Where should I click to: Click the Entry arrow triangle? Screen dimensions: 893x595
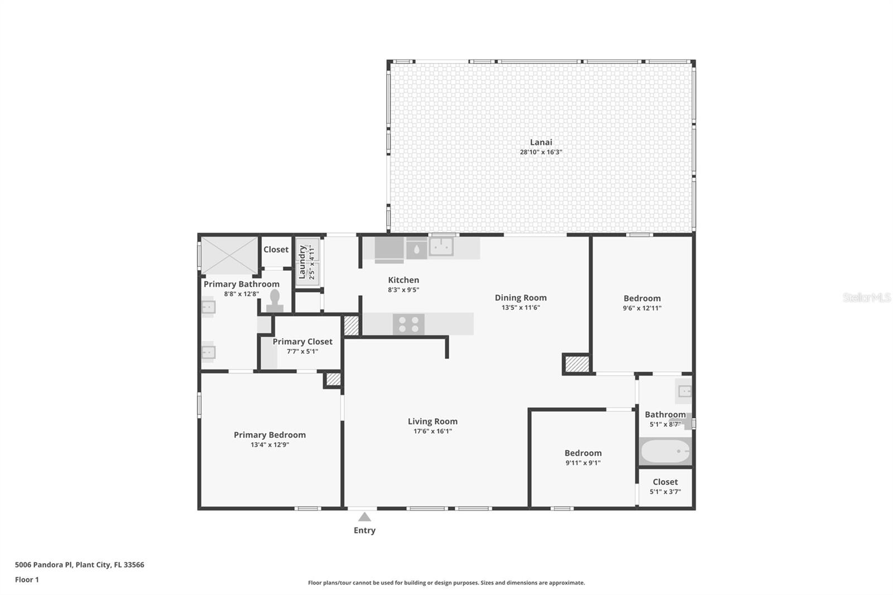coord(364,517)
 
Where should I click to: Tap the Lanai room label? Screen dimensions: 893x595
coord(541,142)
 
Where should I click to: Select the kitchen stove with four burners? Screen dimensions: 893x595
coord(409,324)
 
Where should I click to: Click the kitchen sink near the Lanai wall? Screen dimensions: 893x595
coord(441,246)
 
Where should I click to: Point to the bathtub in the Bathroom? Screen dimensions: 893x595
coord(665,451)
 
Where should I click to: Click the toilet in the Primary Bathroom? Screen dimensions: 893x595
coord(275,301)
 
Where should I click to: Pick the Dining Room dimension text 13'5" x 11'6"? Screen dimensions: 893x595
coord(521,308)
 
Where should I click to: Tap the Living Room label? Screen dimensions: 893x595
coord(433,421)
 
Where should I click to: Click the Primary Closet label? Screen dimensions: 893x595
coord(302,342)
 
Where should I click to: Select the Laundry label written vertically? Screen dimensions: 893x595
coord(302,262)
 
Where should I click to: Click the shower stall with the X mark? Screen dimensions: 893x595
coord(229,255)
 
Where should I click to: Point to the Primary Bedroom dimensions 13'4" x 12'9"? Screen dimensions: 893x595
coord(270,445)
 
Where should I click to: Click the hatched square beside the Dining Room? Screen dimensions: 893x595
coord(577,364)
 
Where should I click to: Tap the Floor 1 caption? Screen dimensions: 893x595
coord(27,580)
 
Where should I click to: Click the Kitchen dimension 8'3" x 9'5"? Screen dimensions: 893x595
coord(404,290)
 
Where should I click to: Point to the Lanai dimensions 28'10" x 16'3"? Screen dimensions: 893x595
coord(541,152)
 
